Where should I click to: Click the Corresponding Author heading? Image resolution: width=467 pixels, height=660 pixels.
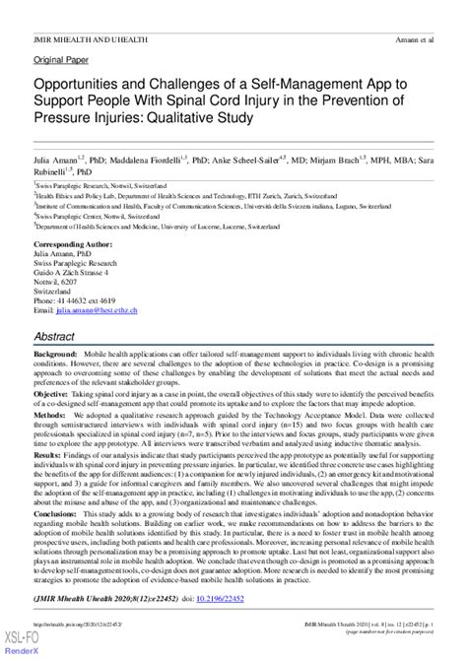[x=74, y=242]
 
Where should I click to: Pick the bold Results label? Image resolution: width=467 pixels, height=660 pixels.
[x=48, y=456]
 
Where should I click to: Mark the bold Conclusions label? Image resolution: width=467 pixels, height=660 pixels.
[x=58, y=513]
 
